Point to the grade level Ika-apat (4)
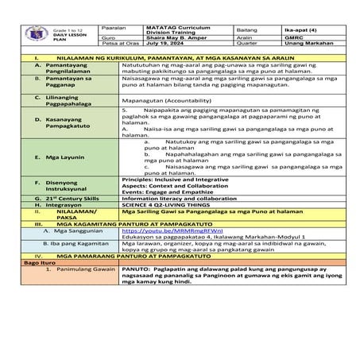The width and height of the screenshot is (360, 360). pos(288,28)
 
